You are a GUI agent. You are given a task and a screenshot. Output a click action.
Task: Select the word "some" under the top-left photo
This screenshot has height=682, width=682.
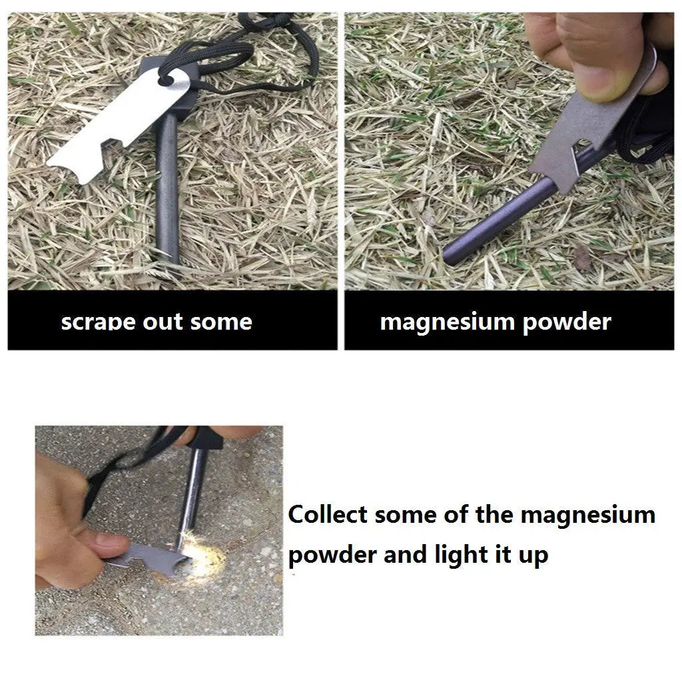pos(221,322)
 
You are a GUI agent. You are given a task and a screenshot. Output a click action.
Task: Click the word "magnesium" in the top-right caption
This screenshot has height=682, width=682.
pos(448,322)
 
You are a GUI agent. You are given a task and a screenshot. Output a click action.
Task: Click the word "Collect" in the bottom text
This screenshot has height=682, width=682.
pos(328,515)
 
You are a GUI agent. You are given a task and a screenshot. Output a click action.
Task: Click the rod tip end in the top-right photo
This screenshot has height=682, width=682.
pos(452,255)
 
